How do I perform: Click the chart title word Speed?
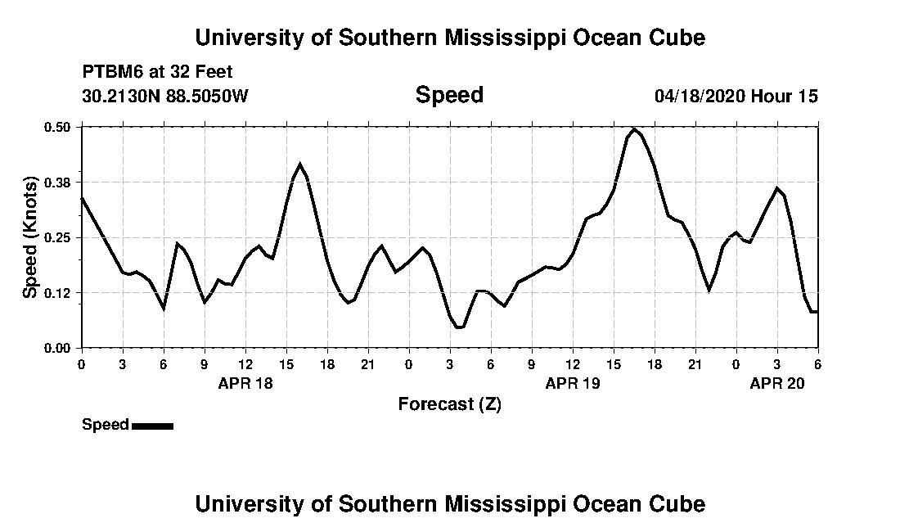click(x=449, y=95)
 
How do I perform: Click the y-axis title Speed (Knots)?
click(x=30, y=237)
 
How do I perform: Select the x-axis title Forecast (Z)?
click(x=450, y=404)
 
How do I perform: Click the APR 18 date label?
click(x=245, y=382)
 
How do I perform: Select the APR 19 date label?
click(x=573, y=382)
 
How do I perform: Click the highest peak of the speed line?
click(x=634, y=129)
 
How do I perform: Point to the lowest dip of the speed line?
click(x=460, y=327)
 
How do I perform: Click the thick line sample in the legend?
click(x=152, y=426)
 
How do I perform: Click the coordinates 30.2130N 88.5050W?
click(x=165, y=96)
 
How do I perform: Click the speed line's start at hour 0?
click(x=82, y=198)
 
